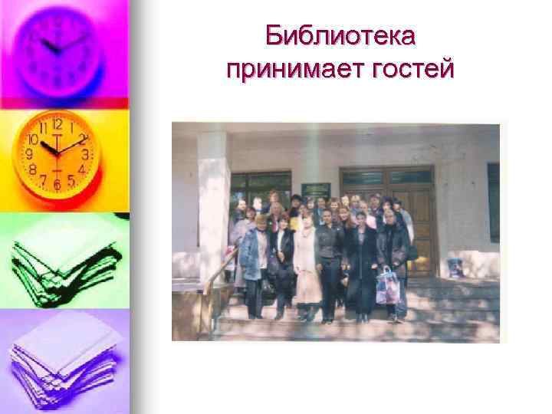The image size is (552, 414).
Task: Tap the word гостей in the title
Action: (414, 70)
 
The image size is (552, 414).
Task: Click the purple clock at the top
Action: (58, 48)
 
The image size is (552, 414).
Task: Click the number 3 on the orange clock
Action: (86, 154)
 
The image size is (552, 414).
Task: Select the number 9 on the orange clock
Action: (29, 154)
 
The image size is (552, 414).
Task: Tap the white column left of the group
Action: (213, 207)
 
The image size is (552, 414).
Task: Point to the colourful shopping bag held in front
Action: (388, 287)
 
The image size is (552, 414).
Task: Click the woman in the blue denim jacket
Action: (254, 257)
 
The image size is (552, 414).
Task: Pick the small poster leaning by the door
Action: (455, 268)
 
